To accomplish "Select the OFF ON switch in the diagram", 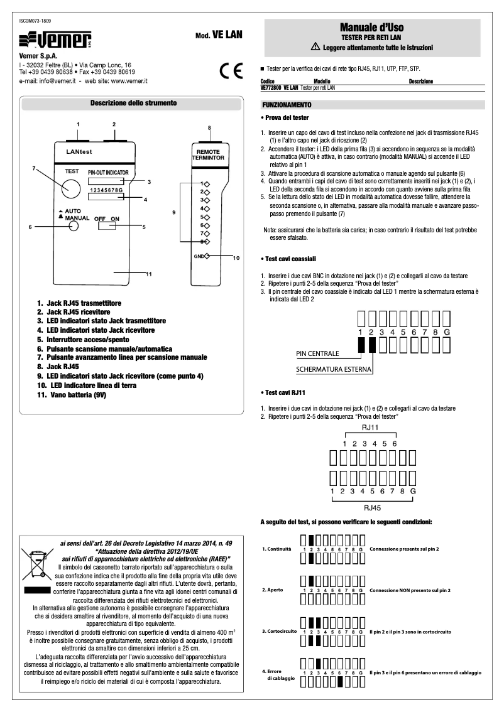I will point(107,225).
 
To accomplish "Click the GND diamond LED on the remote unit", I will point(207,256).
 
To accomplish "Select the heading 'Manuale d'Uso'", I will point(371,28).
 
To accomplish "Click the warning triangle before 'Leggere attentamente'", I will point(316,48).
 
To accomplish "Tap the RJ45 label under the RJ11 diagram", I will point(372,504).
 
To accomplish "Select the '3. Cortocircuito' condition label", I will point(280,631).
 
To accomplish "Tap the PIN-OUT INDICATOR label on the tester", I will point(108,171).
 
